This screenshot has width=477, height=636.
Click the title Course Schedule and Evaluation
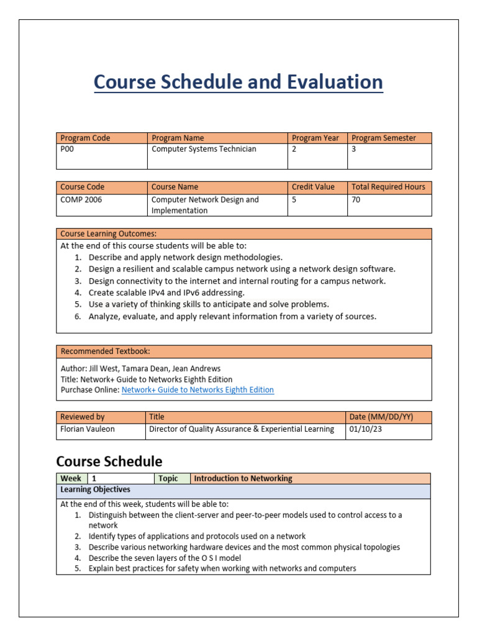(x=238, y=82)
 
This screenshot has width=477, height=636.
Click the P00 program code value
(x=67, y=149)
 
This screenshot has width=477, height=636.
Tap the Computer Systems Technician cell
(x=204, y=149)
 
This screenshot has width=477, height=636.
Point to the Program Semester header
(x=383, y=138)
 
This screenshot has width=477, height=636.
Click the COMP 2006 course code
(x=81, y=199)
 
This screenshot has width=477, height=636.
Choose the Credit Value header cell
(x=313, y=186)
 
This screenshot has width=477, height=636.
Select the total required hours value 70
(x=356, y=199)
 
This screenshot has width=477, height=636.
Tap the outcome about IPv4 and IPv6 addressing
(x=166, y=292)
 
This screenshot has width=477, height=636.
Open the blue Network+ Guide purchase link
(x=198, y=390)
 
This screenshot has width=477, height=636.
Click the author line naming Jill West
(x=140, y=368)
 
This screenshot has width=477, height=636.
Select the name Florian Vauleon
(x=88, y=429)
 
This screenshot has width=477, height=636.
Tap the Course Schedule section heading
(x=109, y=461)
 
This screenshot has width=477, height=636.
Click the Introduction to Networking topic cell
(x=243, y=478)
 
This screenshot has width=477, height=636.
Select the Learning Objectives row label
(x=95, y=490)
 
